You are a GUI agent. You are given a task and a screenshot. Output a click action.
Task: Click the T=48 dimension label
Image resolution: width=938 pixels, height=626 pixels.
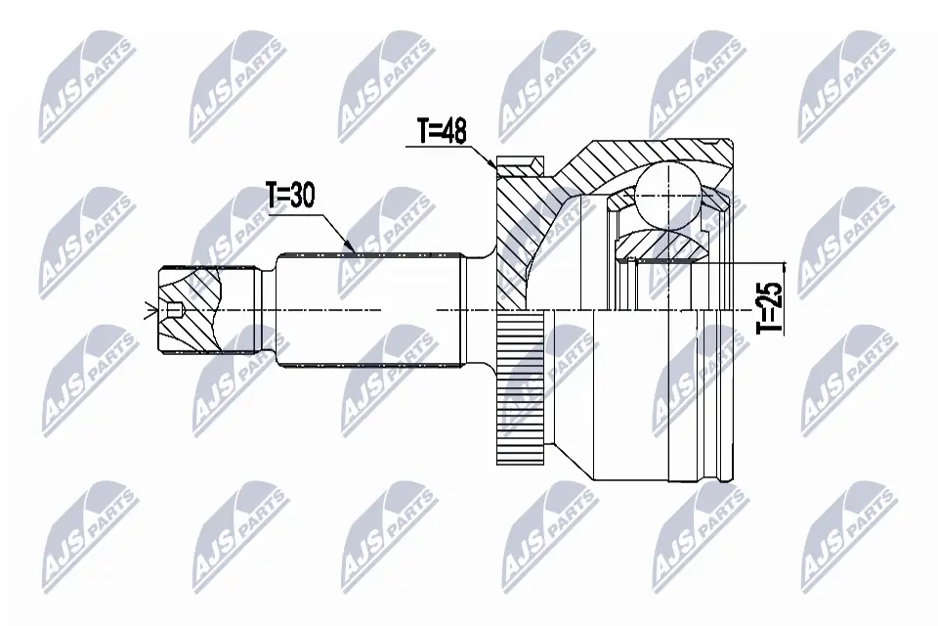click(x=441, y=132)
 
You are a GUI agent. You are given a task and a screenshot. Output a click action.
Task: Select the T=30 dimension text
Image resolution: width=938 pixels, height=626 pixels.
click(x=290, y=196)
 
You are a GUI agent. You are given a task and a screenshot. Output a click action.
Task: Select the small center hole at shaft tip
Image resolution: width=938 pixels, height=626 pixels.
click(x=175, y=312)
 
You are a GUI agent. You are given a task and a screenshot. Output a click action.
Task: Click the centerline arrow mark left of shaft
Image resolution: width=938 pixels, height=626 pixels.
click(x=149, y=312)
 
